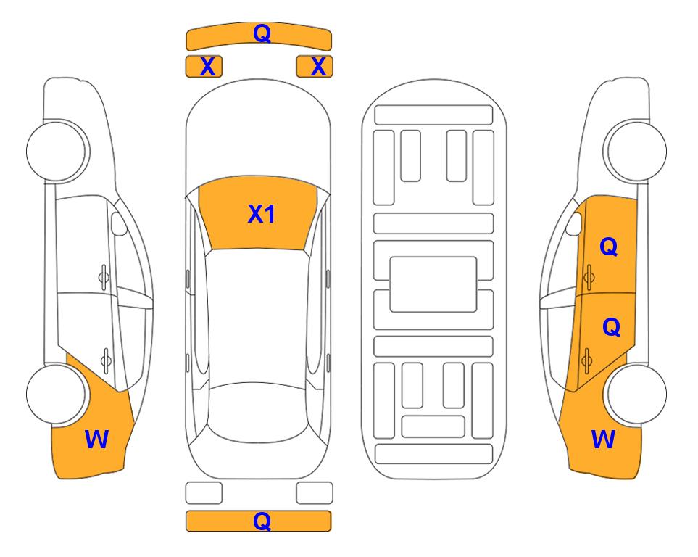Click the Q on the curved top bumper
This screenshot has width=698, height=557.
click(x=262, y=33)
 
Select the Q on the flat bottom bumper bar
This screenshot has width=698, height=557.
click(x=262, y=521)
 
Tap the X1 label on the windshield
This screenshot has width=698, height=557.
click(x=262, y=214)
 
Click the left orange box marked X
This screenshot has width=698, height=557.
click(x=204, y=67)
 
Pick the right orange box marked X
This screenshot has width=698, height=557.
click(x=315, y=67)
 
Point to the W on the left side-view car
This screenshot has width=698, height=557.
click(x=96, y=440)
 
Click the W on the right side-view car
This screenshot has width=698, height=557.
click(x=603, y=440)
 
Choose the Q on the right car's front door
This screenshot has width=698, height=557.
click(x=609, y=247)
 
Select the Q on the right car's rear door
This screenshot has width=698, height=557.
click(x=611, y=327)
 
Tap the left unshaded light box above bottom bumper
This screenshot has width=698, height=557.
click(x=204, y=493)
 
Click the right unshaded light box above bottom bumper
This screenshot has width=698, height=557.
click(x=315, y=493)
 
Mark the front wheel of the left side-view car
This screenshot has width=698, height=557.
click(x=57, y=151)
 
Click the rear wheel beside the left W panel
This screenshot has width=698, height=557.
click(x=57, y=395)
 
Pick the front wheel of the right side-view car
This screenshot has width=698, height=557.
click(x=636, y=151)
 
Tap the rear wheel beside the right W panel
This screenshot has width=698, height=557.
click(x=636, y=395)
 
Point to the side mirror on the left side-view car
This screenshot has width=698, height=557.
click(x=119, y=223)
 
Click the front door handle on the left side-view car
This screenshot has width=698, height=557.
click(x=104, y=277)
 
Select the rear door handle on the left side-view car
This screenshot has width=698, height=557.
click(x=106, y=360)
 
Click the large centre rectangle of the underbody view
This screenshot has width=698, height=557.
click(x=433, y=284)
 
